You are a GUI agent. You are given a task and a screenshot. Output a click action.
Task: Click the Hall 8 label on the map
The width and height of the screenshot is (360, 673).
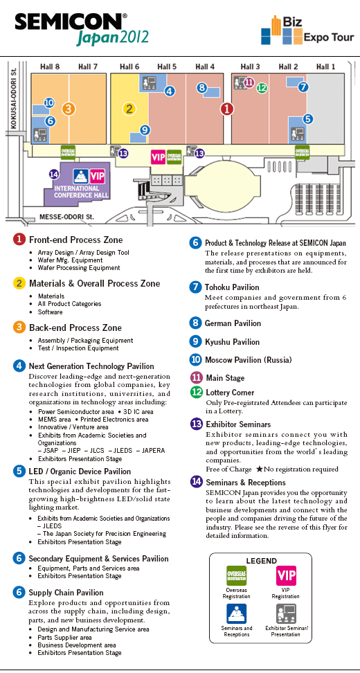click(x=50, y=66)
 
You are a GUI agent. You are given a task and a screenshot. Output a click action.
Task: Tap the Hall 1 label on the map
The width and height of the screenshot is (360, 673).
click(x=325, y=66)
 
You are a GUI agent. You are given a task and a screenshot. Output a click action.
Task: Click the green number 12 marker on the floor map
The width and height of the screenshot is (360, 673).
click(x=262, y=88)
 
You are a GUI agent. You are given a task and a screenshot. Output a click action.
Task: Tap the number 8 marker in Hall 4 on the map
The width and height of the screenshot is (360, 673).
click(x=201, y=88)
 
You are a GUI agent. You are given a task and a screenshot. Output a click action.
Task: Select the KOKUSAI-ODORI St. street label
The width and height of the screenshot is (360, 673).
click(x=13, y=97)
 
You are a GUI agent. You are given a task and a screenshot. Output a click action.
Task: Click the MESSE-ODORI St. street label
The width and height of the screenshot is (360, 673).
click(x=66, y=217)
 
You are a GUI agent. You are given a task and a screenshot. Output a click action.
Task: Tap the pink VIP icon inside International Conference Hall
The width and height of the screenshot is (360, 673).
click(x=97, y=177)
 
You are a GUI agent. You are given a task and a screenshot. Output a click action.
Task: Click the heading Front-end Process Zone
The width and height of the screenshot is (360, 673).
click(x=76, y=240)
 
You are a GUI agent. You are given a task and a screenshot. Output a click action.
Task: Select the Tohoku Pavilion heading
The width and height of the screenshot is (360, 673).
click(x=232, y=287)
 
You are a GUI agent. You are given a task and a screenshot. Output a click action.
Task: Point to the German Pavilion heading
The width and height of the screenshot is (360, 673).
click(x=233, y=323)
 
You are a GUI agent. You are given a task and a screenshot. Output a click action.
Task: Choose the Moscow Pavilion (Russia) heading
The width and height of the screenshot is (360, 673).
click(x=249, y=359)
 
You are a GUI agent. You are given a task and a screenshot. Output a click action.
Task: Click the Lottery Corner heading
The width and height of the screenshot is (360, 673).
click(x=230, y=393)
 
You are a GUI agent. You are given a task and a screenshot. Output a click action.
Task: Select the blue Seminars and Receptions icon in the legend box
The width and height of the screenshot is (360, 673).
click(x=237, y=614)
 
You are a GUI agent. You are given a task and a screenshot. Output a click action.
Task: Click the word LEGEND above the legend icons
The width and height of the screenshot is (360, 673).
click(x=261, y=561)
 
